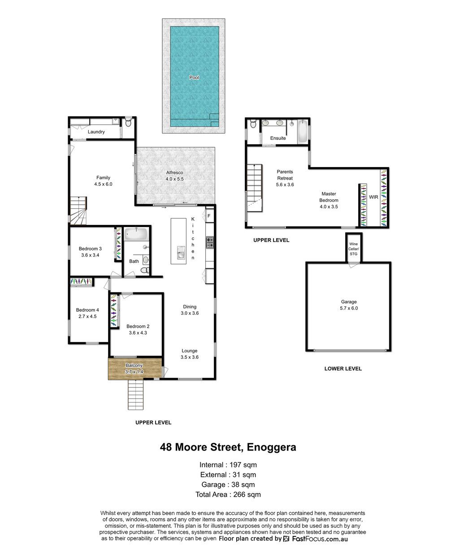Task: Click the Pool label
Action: pyautogui.click(x=194, y=77)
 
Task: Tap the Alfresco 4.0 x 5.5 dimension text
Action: pyautogui.click(x=174, y=179)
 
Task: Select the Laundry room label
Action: pyautogui.click(x=96, y=132)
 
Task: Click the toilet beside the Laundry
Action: pyautogui.click(x=128, y=122)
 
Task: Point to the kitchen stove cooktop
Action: pyautogui.click(x=210, y=242)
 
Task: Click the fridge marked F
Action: pyautogui.click(x=209, y=215)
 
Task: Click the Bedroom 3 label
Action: pyautogui.click(x=90, y=249)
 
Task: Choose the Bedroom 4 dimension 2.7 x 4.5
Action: pyautogui.click(x=87, y=316)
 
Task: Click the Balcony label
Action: pyautogui.click(x=134, y=365)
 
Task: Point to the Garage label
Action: pyautogui.click(x=349, y=302)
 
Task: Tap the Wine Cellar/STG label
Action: pyautogui.click(x=354, y=249)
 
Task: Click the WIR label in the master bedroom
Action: pyautogui.click(x=373, y=197)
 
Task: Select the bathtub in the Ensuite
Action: pyautogui.click(x=303, y=131)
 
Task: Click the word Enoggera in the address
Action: pyautogui.click(x=272, y=447)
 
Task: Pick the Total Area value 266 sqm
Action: pyautogui.click(x=247, y=494)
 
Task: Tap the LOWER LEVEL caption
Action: pyautogui.click(x=343, y=369)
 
